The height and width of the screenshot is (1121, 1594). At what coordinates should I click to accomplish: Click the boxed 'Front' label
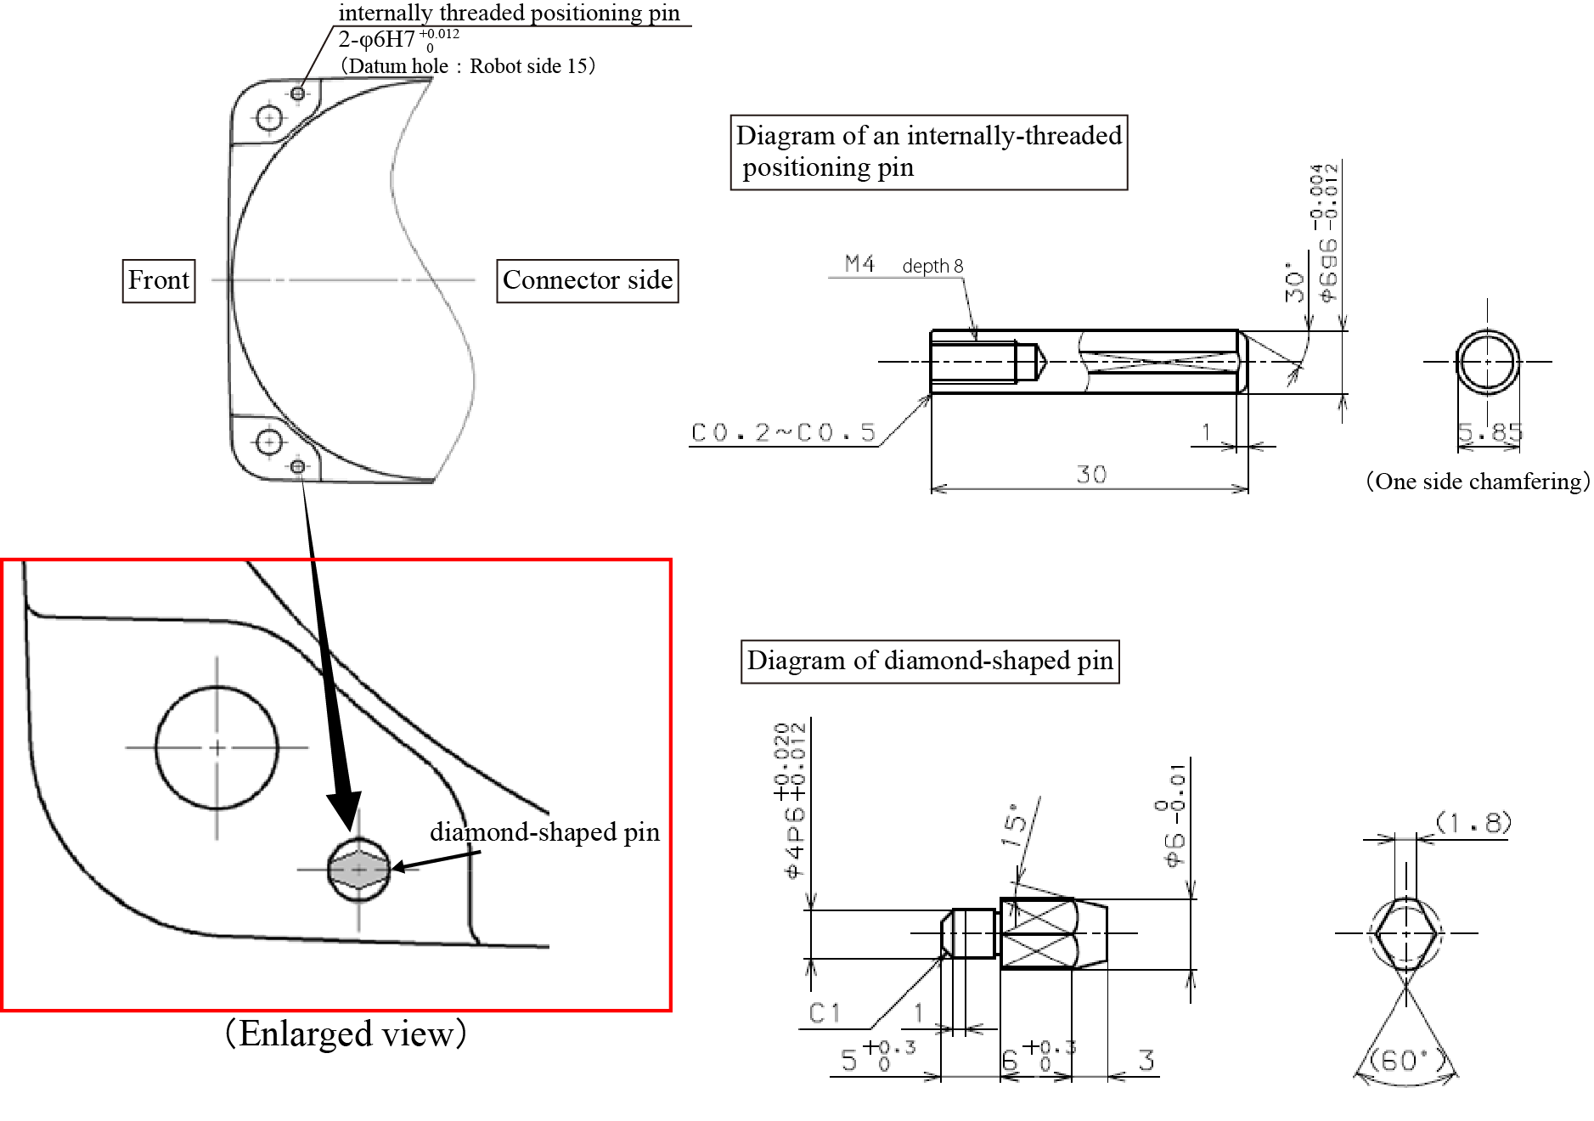pyautogui.click(x=159, y=280)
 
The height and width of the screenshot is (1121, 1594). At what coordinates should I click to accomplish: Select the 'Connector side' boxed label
pyautogui.click(x=587, y=280)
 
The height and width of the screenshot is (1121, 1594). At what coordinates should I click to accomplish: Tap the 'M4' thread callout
pyautogui.click(x=859, y=264)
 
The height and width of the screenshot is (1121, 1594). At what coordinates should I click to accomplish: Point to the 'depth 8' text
pyautogui.click(x=932, y=267)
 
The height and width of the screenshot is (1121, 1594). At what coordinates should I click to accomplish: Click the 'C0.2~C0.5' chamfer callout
pyautogui.click(x=783, y=433)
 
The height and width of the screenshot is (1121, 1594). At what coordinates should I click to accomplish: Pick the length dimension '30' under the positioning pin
pyautogui.click(x=1091, y=474)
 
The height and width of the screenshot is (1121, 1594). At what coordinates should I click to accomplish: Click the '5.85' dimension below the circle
pyautogui.click(x=1490, y=433)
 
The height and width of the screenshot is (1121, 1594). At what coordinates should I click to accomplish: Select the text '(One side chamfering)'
pyautogui.click(x=1477, y=482)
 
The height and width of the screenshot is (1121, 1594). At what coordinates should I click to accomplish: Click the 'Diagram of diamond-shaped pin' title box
pyautogui.click(x=930, y=661)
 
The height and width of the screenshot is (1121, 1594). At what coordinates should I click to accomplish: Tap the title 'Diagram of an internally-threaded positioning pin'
pyautogui.click(x=929, y=151)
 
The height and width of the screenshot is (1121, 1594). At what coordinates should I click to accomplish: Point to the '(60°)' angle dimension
pyautogui.click(x=1405, y=1061)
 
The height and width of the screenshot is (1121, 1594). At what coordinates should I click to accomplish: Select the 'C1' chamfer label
pyautogui.click(x=825, y=1012)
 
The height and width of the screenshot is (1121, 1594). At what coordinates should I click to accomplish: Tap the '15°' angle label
pyautogui.click(x=1016, y=824)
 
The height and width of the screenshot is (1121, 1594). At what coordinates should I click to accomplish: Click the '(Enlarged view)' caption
pyautogui.click(x=346, y=1034)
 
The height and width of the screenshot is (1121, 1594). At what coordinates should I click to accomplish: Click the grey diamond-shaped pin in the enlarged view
pyautogui.click(x=358, y=870)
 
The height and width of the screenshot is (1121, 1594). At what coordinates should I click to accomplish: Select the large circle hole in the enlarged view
pyautogui.click(x=217, y=747)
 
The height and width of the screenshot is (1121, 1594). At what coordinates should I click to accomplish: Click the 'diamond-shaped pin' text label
pyautogui.click(x=544, y=831)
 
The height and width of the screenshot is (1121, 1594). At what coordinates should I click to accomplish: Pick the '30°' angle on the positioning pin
pyautogui.click(x=1294, y=283)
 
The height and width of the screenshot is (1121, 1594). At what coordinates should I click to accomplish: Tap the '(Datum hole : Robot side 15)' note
pyautogui.click(x=467, y=66)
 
